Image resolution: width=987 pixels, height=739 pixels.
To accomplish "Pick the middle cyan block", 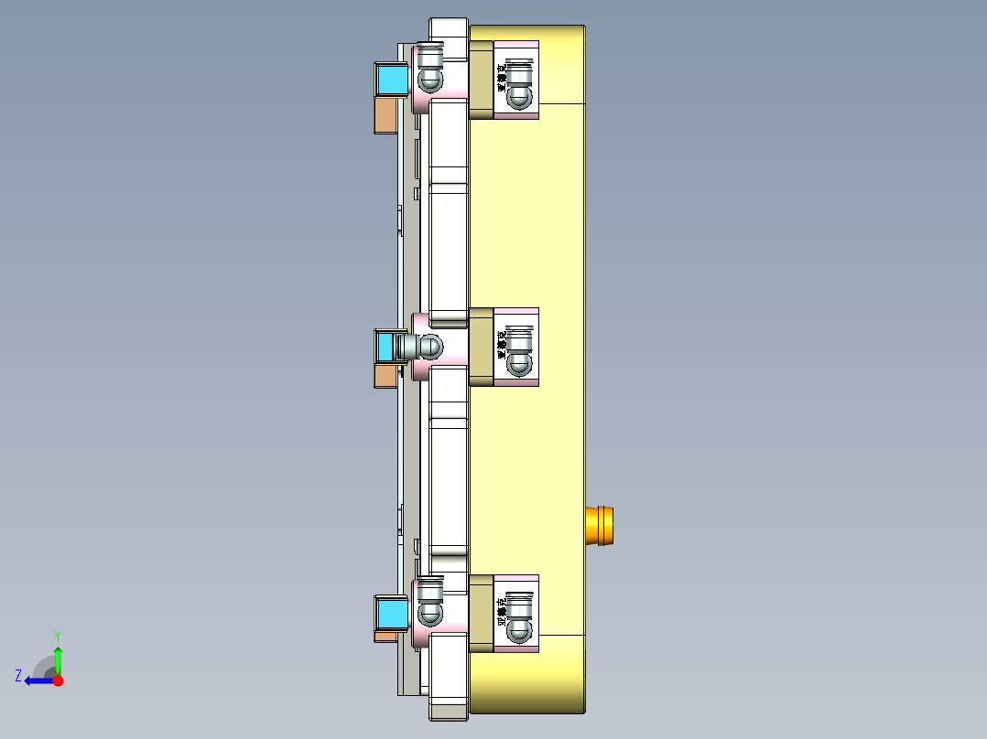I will pyautogui.click(x=387, y=347).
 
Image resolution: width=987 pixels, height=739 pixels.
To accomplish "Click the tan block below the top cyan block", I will pyautogui.click(x=385, y=116).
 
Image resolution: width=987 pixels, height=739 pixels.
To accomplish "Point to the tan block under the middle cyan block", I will pyautogui.click(x=385, y=376).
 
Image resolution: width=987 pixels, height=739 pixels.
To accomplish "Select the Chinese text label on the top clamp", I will pyautogui.click(x=502, y=80).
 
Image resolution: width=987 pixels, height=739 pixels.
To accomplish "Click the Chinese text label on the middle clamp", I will pyautogui.click(x=502, y=347).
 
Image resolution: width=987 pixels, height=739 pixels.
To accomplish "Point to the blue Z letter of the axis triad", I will pyautogui.click(x=18, y=676).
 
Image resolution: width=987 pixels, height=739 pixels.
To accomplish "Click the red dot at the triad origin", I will pyautogui.click(x=58, y=680).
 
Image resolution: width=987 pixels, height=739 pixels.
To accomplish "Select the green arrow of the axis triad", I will pyautogui.click(x=58, y=659).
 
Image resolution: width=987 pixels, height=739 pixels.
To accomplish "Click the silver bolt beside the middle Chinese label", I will pyautogui.click(x=520, y=350).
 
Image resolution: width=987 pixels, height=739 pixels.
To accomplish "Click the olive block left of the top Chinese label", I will pyautogui.click(x=482, y=80).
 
